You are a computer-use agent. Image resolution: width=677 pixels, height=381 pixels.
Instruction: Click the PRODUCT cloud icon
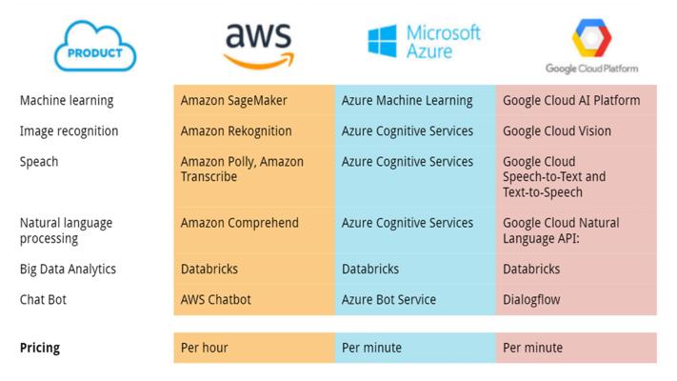click(x=95, y=47)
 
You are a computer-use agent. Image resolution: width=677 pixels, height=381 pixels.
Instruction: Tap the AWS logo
click(x=259, y=46)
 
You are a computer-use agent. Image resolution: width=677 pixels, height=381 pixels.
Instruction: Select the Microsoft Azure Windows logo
click(x=382, y=41)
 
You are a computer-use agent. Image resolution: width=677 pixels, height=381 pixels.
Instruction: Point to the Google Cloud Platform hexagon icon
click(x=591, y=37)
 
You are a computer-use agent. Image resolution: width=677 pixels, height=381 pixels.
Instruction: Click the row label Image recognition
click(x=70, y=131)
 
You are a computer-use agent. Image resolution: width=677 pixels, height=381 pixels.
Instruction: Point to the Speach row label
click(x=39, y=162)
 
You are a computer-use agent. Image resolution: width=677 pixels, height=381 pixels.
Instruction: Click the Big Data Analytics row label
click(x=68, y=270)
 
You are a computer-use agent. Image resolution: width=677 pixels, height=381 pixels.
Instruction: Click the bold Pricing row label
click(x=40, y=348)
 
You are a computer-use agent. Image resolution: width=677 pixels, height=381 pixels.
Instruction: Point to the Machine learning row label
click(x=67, y=101)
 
